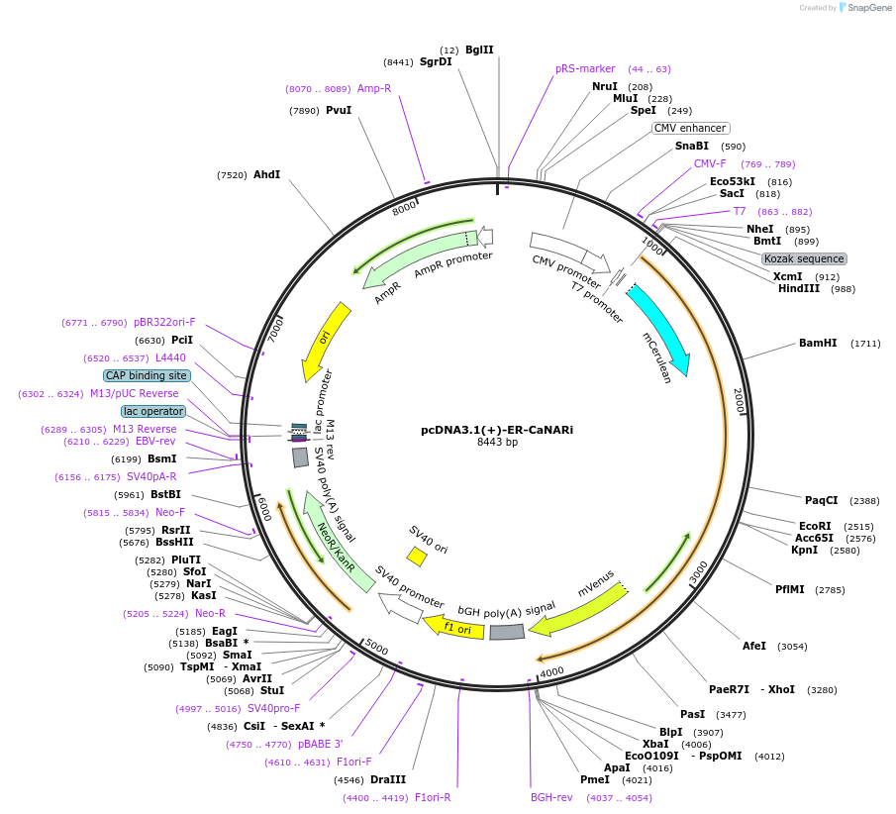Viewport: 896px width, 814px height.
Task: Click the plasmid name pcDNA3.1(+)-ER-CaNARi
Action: click(496, 430)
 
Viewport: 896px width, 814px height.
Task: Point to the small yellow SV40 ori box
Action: click(418, 557)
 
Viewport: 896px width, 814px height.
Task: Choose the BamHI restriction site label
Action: click(818, 344)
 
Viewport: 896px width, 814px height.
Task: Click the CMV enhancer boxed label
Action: click(690, 128)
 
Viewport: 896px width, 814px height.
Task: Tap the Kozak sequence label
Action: click(803, 258)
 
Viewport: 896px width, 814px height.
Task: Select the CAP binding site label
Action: click(146, 375)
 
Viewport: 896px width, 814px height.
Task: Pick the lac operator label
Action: click(153, 411)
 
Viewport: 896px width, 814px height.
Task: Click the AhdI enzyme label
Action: click(266, 175)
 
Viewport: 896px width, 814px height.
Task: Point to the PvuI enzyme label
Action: click(339, 111)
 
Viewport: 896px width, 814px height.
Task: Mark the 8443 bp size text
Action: click(497, 443)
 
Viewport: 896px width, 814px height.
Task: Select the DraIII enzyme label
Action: click(388, 779)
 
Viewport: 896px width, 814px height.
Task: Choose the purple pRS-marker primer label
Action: click(585, 69)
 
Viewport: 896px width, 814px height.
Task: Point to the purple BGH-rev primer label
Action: click(551, 797)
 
